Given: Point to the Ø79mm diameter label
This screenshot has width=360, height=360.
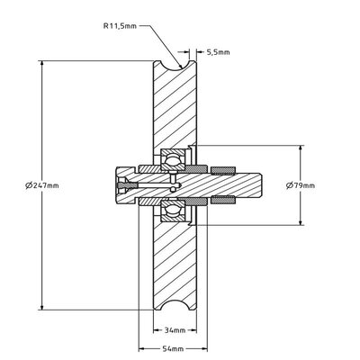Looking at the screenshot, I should point(300,185).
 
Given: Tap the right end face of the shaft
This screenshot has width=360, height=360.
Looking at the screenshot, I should point(262,185).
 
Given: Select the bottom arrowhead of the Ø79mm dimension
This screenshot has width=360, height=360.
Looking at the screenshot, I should point(300,223).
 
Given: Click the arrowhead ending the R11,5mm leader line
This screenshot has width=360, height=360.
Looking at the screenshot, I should point(182,67).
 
